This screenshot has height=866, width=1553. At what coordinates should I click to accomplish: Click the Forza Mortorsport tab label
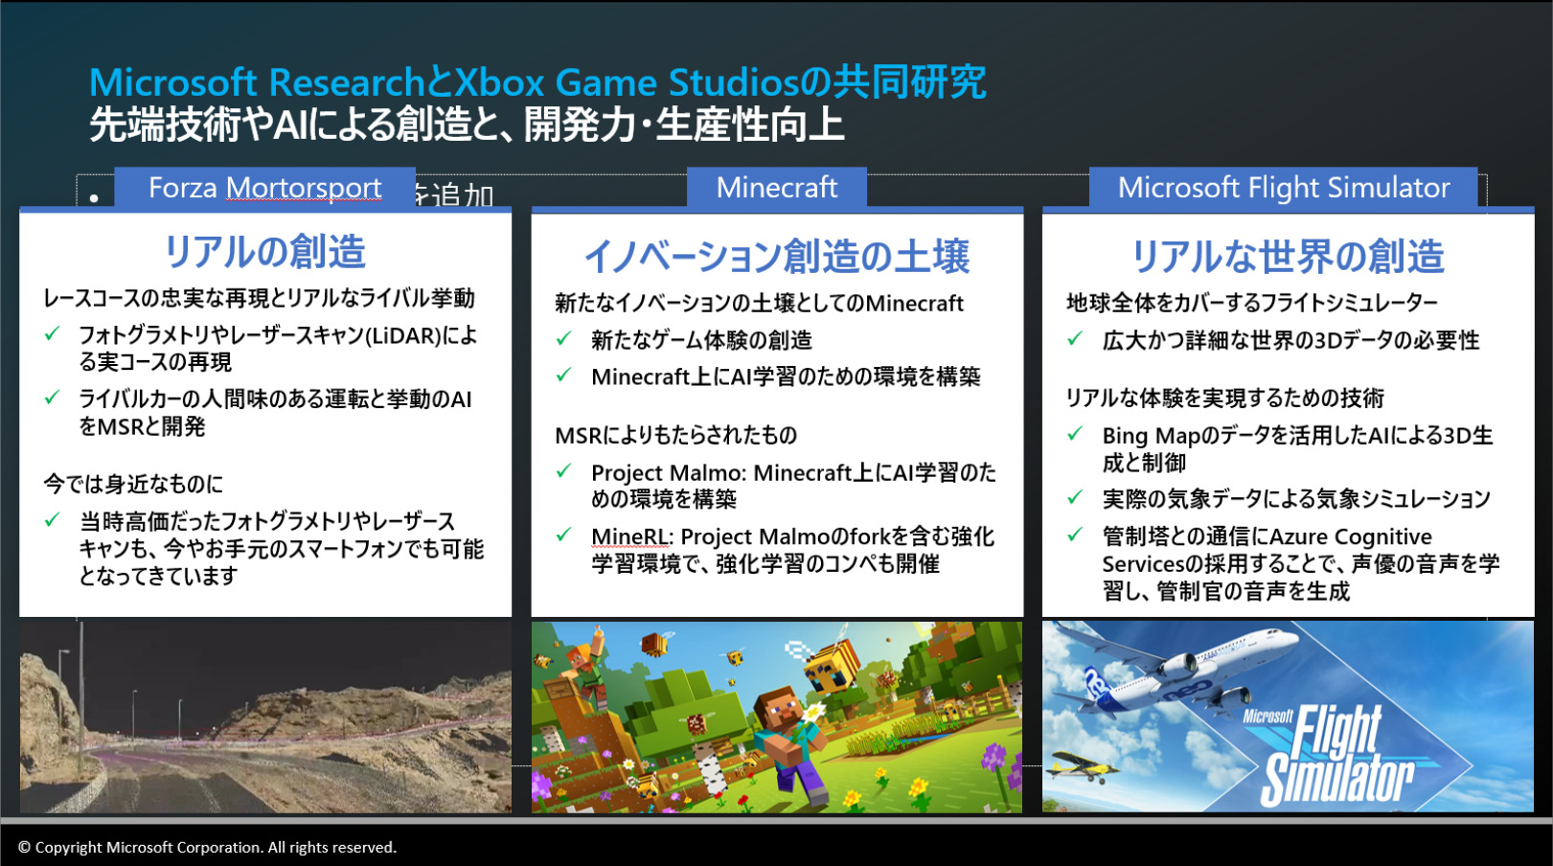pyautogui.click(x=264, y=188)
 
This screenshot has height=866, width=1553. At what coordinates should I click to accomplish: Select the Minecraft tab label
pyautogui.click(x=776, y=188)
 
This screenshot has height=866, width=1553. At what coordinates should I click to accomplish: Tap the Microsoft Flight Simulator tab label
pyautogui.click(x=1283, y=188)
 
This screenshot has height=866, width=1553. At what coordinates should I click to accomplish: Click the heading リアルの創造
pyautogui.click(x=264, y=251)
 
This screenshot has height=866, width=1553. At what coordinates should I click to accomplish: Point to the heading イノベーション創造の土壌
pyautogui.click(x=776, y=256)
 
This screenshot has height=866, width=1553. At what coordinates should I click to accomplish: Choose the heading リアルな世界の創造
pyautogui.click(x=1288, y=256)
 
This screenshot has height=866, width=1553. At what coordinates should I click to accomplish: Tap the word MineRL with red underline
pyautogui.click(x=629, y=536)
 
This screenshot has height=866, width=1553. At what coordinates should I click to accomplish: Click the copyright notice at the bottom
pyautogui.click(x=207, y=847)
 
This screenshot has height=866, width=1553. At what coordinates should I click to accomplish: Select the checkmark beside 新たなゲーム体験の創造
pyautogui.click(x=563, y=338)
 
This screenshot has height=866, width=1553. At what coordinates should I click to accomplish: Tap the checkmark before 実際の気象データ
pyautogui.click(x=1075, y=497)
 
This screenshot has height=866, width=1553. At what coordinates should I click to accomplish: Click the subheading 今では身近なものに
pyautogui.click(x=133, y=484)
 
